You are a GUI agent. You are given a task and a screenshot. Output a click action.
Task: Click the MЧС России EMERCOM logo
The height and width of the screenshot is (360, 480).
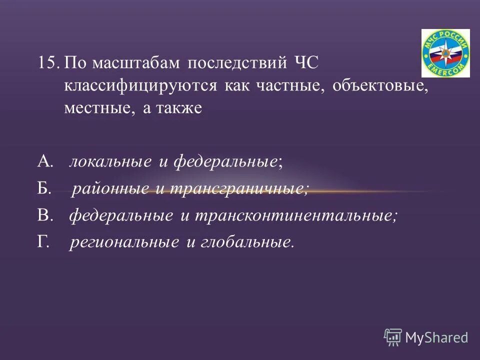click(445, 53)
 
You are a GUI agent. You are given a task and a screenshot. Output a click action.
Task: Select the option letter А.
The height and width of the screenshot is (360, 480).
click(45, 161)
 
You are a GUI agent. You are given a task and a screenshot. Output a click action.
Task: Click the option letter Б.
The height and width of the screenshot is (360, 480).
click(44, 188)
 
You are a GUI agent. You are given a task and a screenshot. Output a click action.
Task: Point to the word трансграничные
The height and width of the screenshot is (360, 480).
click(238, 188)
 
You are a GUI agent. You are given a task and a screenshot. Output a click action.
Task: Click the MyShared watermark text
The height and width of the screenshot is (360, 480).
click(436, 337)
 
